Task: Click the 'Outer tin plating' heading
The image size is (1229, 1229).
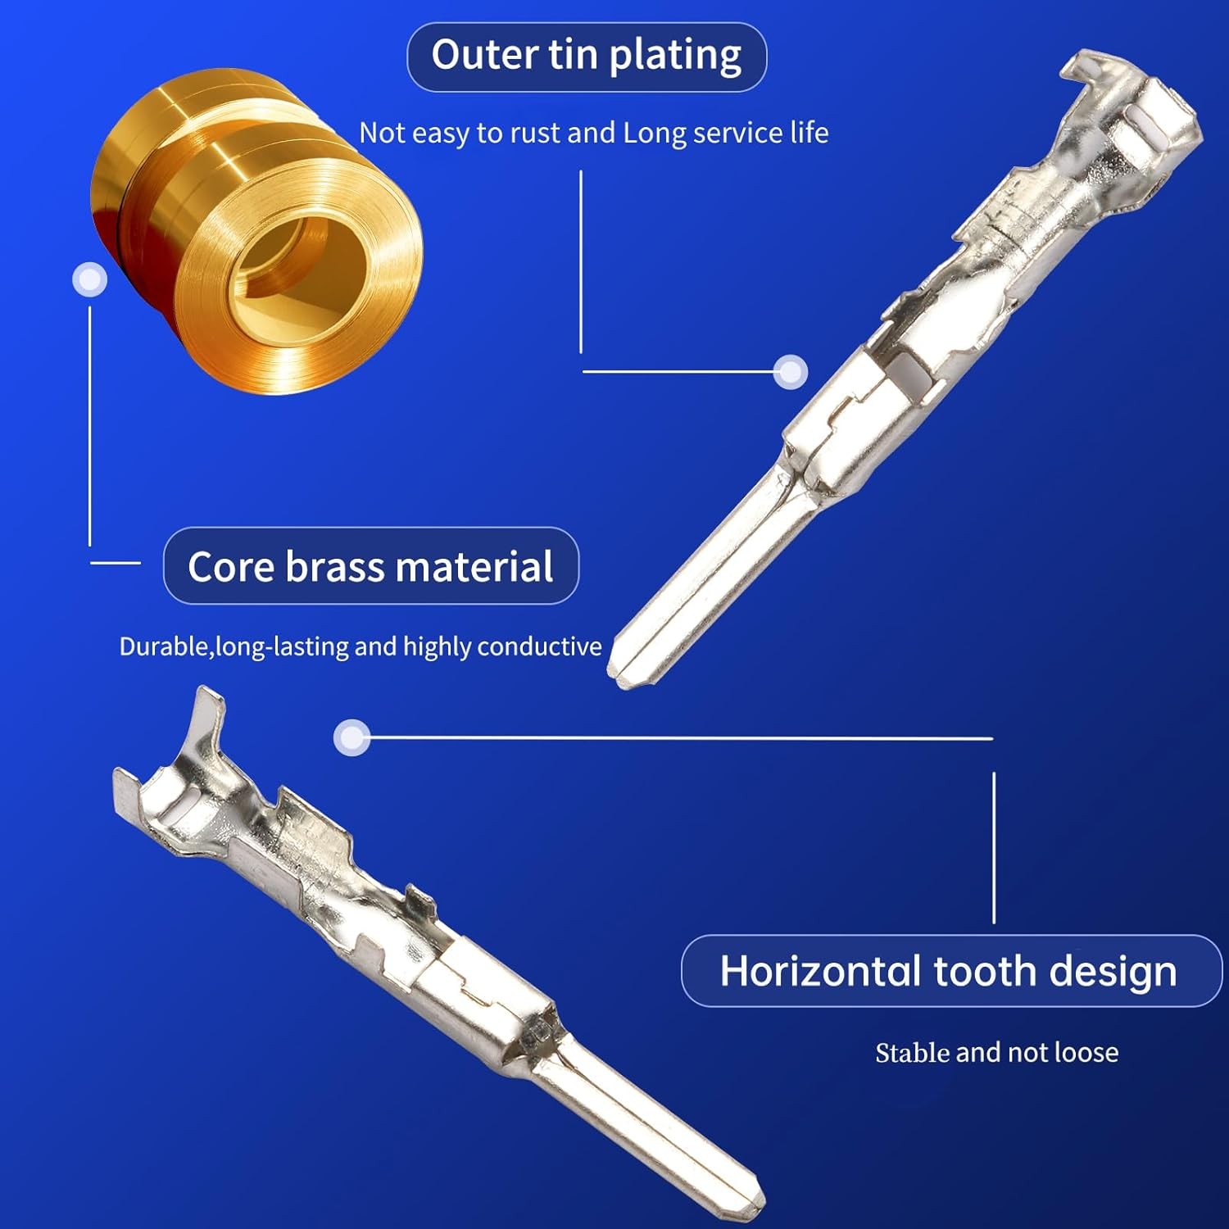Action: coord(587,56)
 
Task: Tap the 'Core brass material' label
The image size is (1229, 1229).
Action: coord(370,566)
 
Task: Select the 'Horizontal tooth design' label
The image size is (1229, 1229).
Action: coord(948,971)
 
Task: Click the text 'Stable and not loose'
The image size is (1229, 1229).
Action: coord(996,1052)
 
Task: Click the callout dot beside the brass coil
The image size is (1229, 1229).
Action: coord(89,279)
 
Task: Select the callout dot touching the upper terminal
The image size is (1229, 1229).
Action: coord(791,372)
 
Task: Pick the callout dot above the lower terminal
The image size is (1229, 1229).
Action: coord(351,737)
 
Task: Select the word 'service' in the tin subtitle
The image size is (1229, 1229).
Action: coord(738,133)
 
